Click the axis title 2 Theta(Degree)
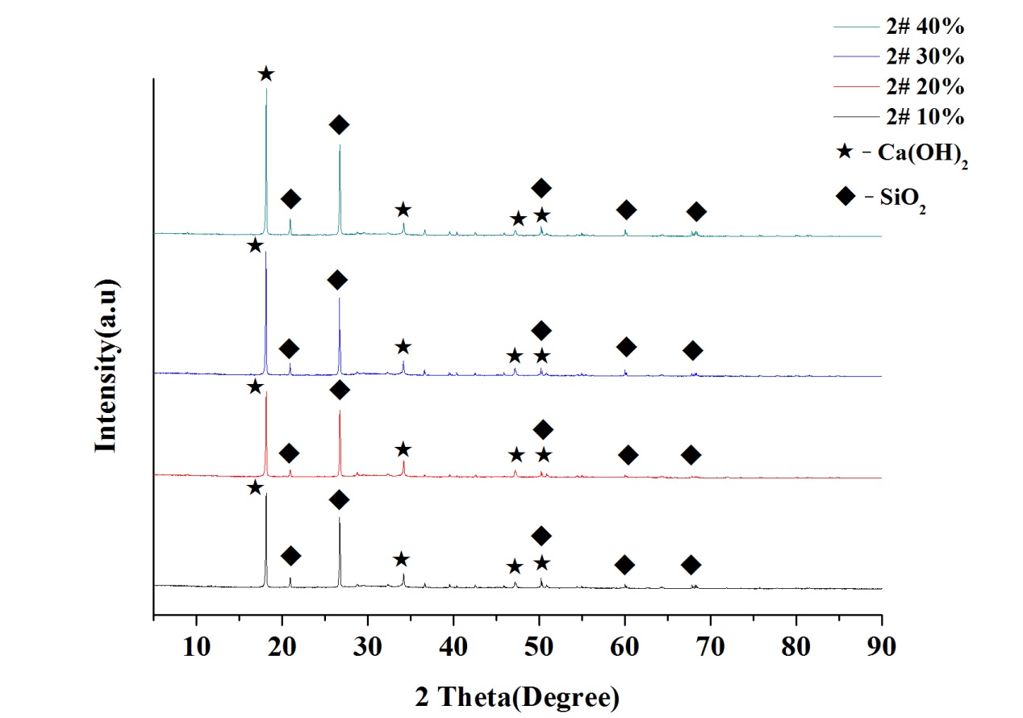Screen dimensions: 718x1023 (517, 695)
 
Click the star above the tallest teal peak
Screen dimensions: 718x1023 (266, 74)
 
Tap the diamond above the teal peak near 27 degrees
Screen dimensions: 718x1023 (340, 124)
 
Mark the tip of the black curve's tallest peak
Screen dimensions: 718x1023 (266, 495)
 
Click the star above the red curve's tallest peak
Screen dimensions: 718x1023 (256, 387)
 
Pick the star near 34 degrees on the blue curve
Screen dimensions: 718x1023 (403, 347)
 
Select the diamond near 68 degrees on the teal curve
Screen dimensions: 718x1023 (697, 211)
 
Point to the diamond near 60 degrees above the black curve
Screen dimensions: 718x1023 (624, 564)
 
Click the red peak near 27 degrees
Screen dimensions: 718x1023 (340, 411)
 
